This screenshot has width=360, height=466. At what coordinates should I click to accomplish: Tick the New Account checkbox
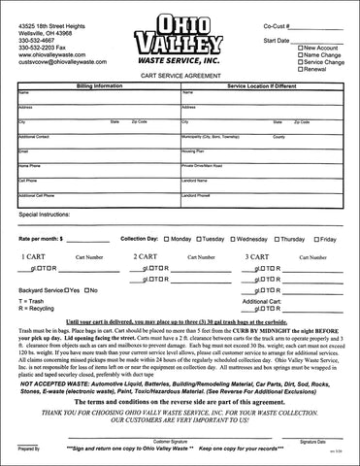click(x=301, y=47)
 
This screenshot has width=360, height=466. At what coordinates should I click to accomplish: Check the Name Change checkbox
click(x=301, y=54)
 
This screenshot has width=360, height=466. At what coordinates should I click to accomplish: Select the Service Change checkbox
click(x=301, y=62)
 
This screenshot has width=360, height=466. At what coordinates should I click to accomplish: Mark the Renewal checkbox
click(x=301, y=70)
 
